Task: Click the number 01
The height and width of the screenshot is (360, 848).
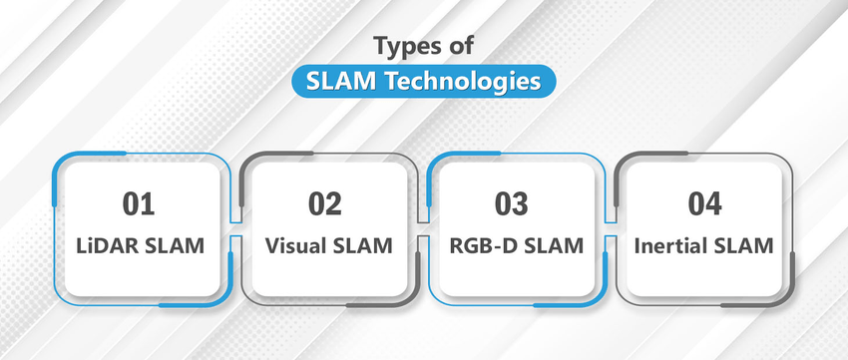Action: pos(140,203)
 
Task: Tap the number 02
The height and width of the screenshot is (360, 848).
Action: pos(324,203)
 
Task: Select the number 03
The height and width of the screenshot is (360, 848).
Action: pos(511,203)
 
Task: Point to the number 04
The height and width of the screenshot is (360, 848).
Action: pos(705,203)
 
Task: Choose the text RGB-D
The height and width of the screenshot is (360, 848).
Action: pos(481,245)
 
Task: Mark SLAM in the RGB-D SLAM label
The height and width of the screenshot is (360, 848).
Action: pos(549,245)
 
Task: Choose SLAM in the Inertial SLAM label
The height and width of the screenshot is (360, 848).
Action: pos(745,245)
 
